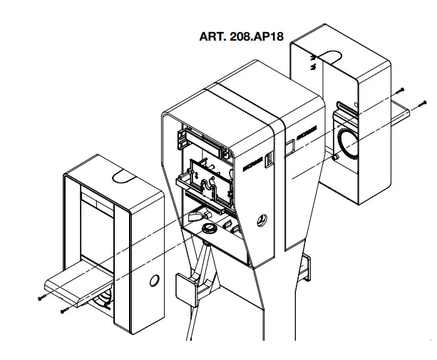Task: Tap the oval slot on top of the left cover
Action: tap(122, 174)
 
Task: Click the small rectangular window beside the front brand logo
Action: tap(269, 159)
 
